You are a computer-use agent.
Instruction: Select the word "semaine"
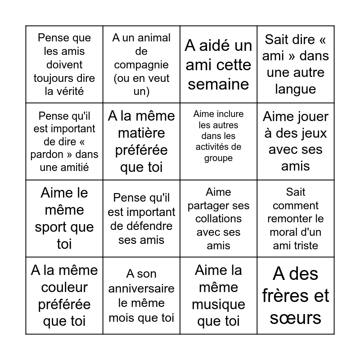tap(218, 84)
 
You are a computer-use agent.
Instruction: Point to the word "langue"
tap(295, 89)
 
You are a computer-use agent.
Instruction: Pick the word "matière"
tap(141, 133)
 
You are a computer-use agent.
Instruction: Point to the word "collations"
tap(218, 219)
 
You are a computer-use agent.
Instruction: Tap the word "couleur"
tap(64, 287)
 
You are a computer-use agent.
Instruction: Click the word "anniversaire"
tap(141, 288)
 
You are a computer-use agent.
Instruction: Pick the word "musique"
tap(218, 305)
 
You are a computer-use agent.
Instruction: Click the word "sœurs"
tap(295, 318)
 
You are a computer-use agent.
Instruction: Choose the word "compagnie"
tap(141, 65)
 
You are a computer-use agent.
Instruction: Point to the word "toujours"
tap(64, 78)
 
